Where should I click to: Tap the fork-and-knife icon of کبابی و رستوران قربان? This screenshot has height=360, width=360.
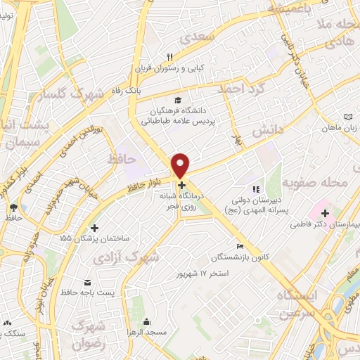pos(169,58)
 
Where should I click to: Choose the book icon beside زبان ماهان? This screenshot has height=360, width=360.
pos(349,117)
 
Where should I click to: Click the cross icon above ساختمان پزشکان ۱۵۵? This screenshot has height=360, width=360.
pos(95,228)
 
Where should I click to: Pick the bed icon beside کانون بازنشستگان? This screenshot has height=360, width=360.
pos(240,247)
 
